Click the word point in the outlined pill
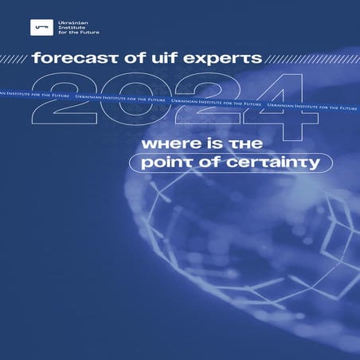(161, 163)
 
